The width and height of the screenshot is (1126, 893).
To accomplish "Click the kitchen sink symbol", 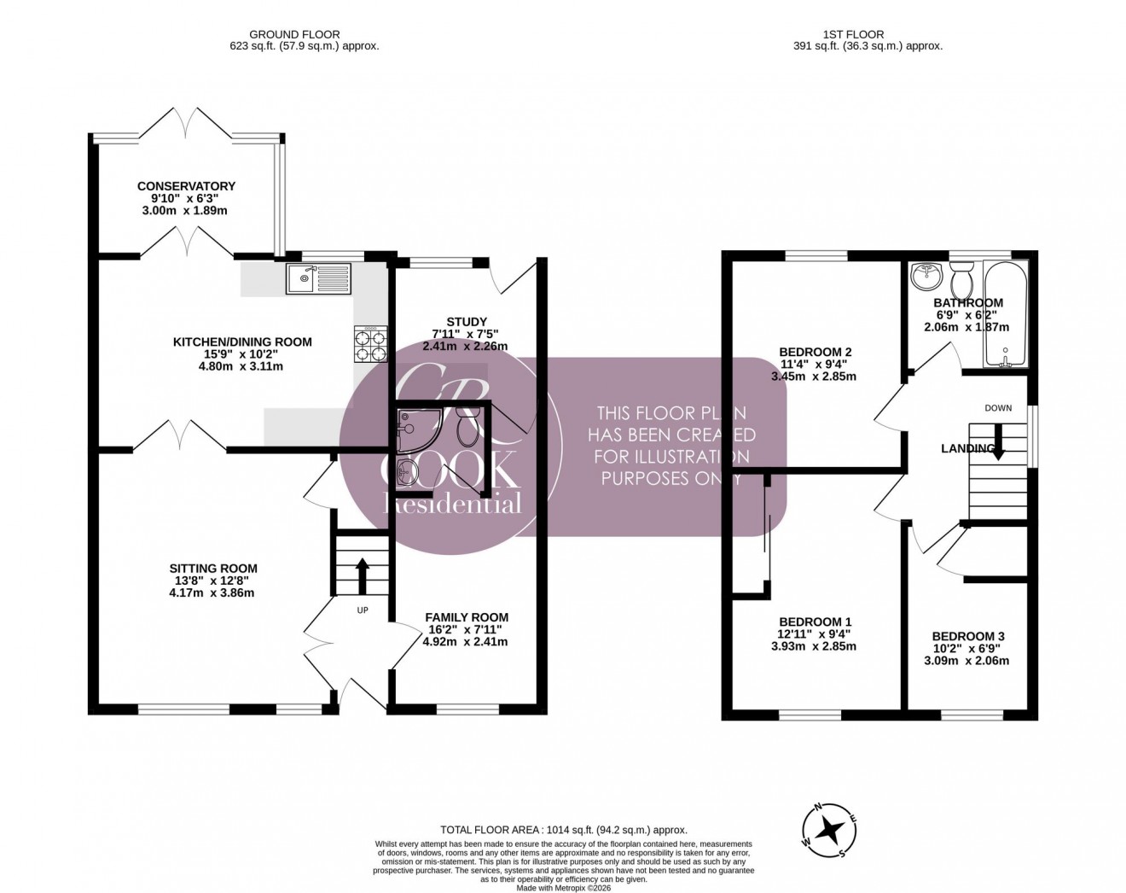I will tap(318, 277).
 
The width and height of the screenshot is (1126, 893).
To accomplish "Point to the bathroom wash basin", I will tap(925, 277).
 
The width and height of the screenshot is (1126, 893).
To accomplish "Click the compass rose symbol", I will tap(827, 829).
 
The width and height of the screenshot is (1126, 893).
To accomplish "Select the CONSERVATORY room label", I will tap(186, 186).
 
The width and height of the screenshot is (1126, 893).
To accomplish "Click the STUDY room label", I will tap(466, 322).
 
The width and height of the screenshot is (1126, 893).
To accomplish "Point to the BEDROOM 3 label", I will tap(968, 636).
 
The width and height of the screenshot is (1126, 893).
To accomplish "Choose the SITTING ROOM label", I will tap(213, 569).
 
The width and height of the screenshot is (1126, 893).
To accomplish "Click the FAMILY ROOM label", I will tap(467, 617).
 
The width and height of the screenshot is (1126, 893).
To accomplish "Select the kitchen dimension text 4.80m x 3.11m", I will tap(242, 366).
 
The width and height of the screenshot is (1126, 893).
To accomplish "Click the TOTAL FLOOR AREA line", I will tap(563, 829).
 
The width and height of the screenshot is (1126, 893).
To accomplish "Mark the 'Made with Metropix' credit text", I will tap(563, 887).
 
